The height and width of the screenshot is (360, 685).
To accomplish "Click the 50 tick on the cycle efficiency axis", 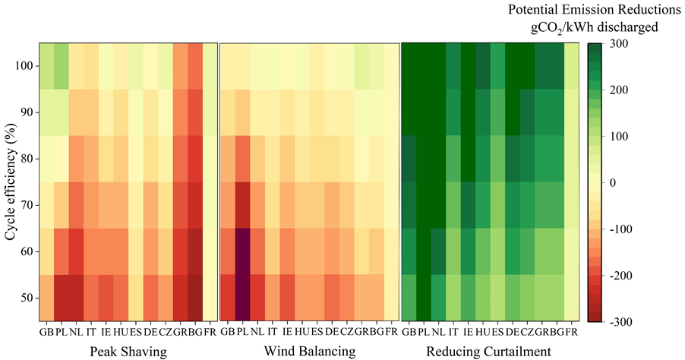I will tap(23, 298).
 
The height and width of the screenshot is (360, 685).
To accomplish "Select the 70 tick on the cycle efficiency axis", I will tap(23, 205).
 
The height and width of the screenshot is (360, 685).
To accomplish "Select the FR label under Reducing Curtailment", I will tap(570, 332).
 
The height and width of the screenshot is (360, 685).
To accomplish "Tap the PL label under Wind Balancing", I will tap(242, 332).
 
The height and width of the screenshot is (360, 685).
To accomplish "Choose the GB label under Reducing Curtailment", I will tap(409, 332).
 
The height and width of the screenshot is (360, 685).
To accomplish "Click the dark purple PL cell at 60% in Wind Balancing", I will tap(242, 251).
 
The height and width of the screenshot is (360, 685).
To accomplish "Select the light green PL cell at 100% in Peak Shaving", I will tap(61, 66).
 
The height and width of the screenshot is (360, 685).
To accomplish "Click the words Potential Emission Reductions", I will tap(594, 11).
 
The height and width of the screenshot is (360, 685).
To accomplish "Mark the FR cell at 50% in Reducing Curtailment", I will tap(570, 298).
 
